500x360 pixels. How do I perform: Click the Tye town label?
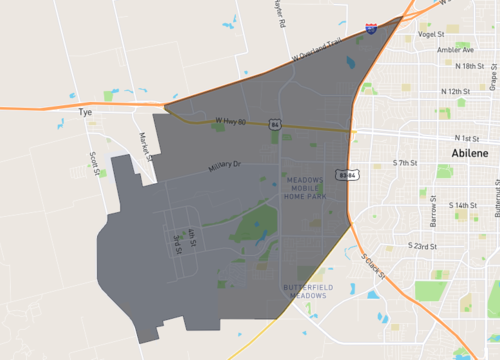84,114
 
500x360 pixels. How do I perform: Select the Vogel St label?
431,33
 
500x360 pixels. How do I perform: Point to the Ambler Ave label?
455,49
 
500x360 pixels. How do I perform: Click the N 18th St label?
469,66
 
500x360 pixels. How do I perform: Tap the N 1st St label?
467,137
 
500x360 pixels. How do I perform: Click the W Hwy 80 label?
230,121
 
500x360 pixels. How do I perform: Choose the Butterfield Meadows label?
305,290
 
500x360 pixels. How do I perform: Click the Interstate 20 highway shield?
371,30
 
